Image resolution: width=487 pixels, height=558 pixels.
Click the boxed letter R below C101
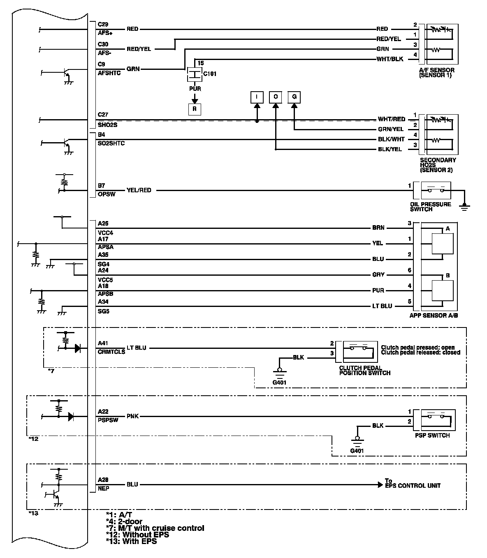point(195,109)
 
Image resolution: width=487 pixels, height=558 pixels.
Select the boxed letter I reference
point(257,97)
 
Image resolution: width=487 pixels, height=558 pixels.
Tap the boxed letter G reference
point(294,97)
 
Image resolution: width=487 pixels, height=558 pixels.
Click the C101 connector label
point(210,74)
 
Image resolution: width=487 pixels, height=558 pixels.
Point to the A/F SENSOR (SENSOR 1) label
point(436,73)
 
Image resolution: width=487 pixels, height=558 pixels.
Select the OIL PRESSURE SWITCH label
point(430,207)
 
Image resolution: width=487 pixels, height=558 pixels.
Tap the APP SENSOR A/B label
point(434,316)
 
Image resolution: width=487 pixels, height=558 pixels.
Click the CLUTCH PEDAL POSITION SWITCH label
point(364,371)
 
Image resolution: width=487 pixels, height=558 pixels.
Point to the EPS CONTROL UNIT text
point(413,486)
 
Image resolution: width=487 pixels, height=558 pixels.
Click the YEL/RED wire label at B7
point(139,190)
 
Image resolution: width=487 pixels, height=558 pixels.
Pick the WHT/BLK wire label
point(390,59)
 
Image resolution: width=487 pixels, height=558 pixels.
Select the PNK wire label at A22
point(132,416)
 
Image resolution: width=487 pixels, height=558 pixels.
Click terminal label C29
point(103,25)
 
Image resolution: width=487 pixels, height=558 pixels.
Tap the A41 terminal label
point(103,343)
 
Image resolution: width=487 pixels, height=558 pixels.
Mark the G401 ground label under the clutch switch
point(279,383)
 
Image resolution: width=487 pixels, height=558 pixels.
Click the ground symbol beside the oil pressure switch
point(465,206)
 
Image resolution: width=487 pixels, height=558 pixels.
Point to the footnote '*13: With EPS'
point(131,541)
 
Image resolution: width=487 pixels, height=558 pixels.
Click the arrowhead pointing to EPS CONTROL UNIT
point(380,485)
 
